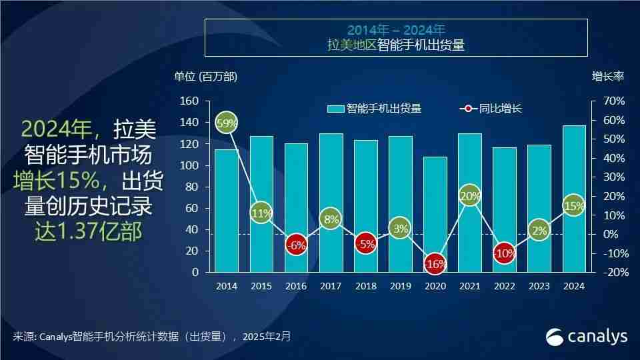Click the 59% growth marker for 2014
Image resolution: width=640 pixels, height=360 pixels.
[x=227, y=123]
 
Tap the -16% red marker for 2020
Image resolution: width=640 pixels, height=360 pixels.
[x=435, y=264]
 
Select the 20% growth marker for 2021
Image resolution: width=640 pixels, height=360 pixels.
[x=470, y=196]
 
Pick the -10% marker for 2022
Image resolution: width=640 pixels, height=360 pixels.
[x=505, y=254]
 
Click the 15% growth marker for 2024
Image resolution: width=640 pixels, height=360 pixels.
[x=574, y=205]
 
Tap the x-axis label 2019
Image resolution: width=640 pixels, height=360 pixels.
[x=401, y=286]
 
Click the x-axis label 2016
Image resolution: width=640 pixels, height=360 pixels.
[x=296, y=286]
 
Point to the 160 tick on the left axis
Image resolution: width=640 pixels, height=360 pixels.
[x=190, y=101]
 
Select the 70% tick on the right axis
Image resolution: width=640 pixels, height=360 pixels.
[x=613, y=101]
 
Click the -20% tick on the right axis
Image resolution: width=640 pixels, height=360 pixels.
[x=613, y=273]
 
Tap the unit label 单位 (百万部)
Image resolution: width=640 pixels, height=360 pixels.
[x=205, y=77]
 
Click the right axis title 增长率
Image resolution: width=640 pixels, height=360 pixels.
[x=607, y=77]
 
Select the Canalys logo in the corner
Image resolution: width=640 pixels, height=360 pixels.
[x=587, y=337]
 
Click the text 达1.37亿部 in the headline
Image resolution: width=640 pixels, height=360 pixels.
[x=88, y=231]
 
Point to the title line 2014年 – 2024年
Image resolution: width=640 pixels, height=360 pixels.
[x=396, y=30]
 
